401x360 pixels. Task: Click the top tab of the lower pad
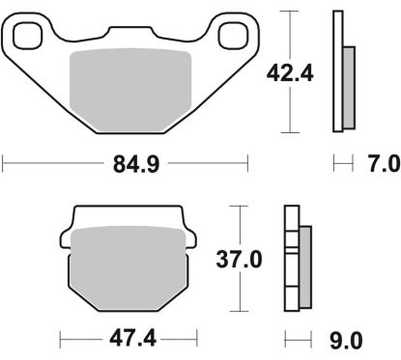126,214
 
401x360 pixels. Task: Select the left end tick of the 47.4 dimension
60,340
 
